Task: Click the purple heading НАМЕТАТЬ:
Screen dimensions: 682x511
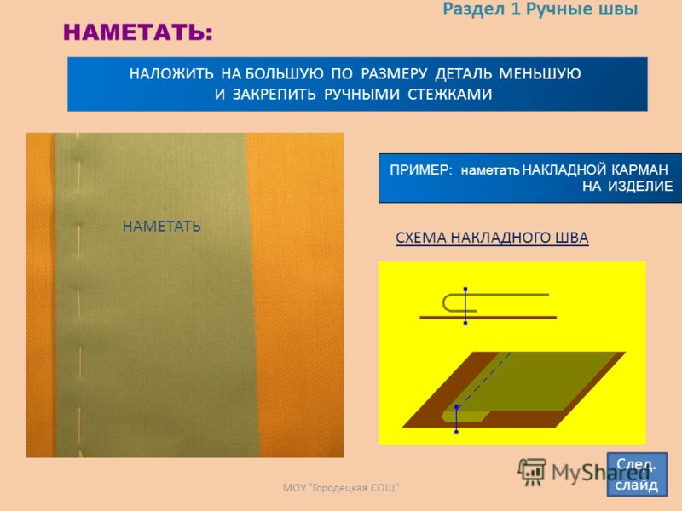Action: (x=138, y=32)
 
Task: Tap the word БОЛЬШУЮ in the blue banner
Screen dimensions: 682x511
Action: (x=285, y=73)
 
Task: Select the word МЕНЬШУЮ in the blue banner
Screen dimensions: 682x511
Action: (x=540, y=73)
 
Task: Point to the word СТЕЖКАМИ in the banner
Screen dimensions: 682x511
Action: (x=450, y=95)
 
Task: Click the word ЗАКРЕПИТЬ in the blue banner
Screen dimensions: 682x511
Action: (x=274, y=95)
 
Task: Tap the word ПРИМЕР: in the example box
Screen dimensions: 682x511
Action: (x=421, y=169)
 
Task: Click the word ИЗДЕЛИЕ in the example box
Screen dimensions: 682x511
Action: (x=640, y=186)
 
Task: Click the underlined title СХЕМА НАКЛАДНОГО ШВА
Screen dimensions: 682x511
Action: (x=492, y=238)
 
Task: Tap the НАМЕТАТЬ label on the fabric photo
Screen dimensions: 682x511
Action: (x=161, y=227)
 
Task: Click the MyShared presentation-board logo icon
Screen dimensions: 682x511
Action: (x=532, y=472)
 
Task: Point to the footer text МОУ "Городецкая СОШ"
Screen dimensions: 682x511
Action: (x=340, y=487)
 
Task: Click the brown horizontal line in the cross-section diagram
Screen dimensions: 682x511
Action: (x=488, y=318)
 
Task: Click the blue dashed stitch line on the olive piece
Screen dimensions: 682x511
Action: (x=483, y=380)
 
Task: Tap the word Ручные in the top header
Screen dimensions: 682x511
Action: (x=558, y=9)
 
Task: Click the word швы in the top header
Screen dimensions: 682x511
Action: (x=618, y=9)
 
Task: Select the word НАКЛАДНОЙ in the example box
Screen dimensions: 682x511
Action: (x=564, y=169)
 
